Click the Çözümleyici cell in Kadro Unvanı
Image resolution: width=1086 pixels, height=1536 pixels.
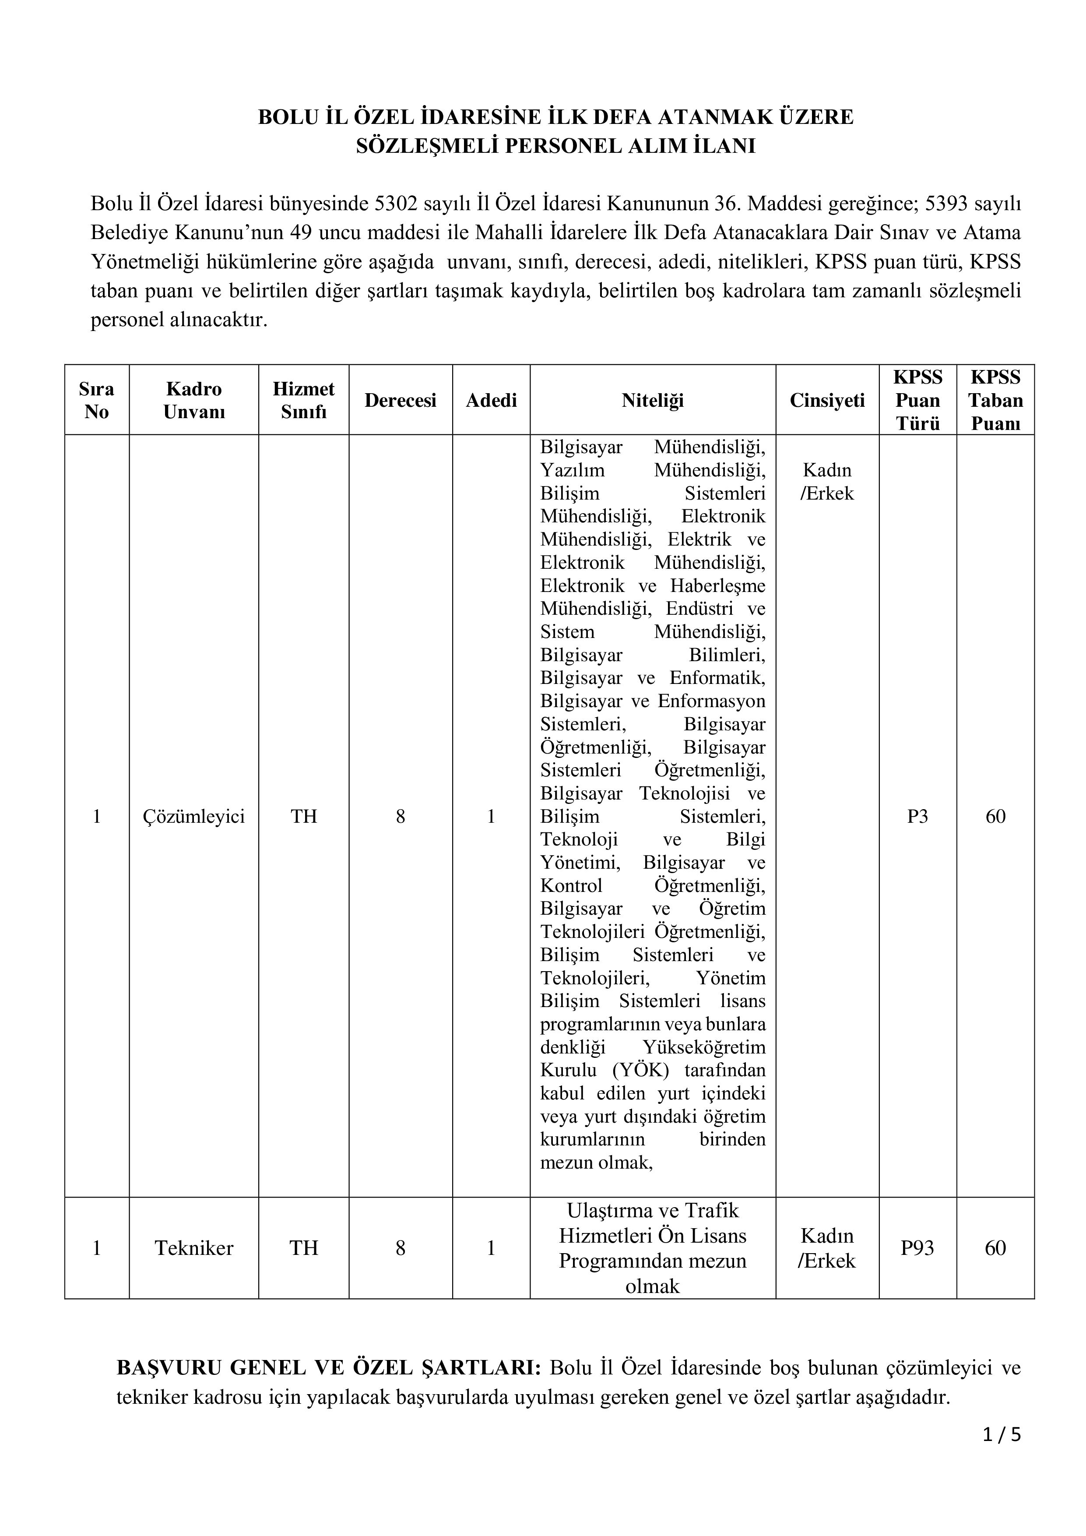[194, 816]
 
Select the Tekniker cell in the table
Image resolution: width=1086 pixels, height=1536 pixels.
[194, 1247]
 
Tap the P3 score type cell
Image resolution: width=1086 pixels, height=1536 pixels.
[917, 816]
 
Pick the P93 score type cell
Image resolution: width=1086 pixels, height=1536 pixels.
[917, 1247]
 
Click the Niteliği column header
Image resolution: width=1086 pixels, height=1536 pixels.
[652, 400]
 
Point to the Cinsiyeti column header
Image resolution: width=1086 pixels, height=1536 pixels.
[827, 400]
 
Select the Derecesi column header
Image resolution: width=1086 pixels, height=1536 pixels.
[400, 400]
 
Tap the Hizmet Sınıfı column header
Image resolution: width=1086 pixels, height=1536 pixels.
[304, 400]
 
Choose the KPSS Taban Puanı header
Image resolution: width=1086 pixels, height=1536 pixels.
[995, 400]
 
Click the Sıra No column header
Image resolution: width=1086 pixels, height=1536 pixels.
[96, 400]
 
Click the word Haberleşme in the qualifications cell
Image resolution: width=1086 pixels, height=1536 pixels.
[717, 585]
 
